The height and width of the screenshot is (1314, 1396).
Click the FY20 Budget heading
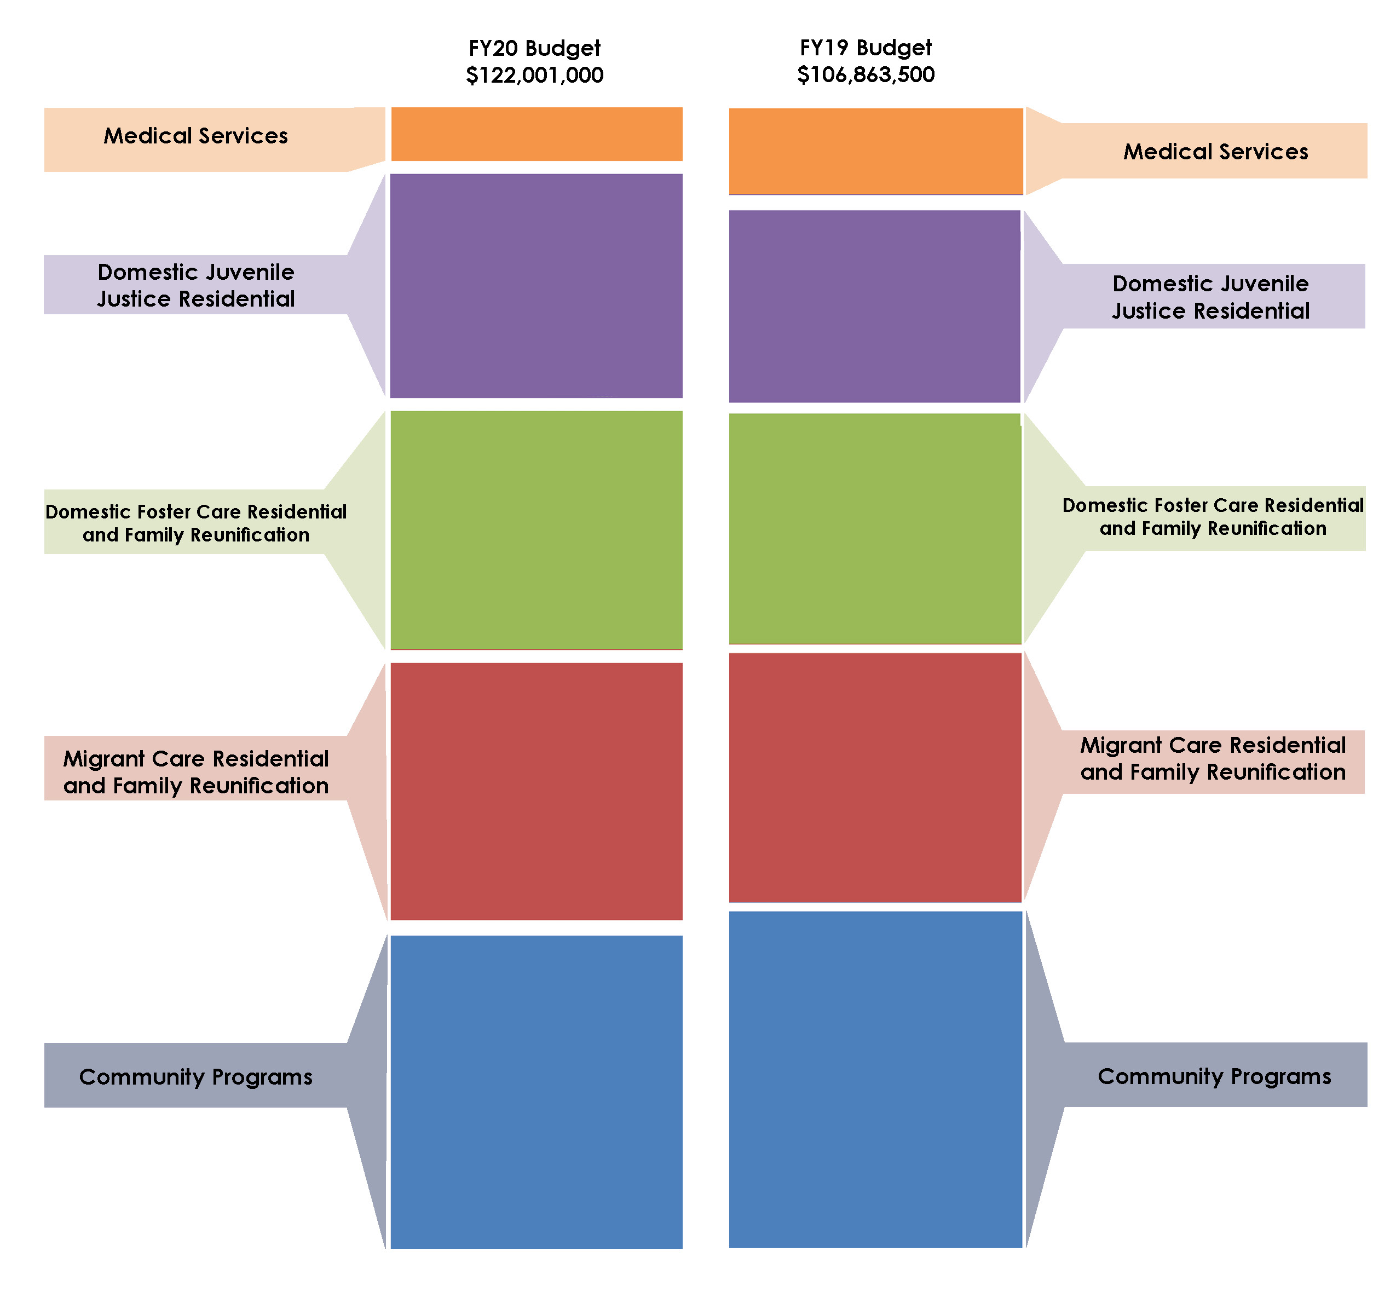point(534,49)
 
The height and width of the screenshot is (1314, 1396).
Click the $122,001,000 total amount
point(534,75)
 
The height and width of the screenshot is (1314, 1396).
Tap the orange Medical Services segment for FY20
point(537,134)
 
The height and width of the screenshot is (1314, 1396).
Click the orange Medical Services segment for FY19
point(876,151)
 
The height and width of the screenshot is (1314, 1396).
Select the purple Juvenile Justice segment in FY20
point(537,286)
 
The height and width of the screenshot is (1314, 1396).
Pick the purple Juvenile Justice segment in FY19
point(875,306)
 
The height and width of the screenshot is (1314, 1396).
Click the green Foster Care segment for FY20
point(537,529)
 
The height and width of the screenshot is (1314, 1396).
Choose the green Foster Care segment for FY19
point(875,528)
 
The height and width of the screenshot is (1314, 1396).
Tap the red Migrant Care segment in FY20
point(537,792)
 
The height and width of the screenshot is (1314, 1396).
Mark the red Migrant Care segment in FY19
point(875,777)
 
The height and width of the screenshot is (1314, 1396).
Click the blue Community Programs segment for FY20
point(537,1092)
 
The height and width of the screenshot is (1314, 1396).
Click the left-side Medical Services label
point(196,136)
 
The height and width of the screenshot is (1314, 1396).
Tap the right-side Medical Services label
point(1215,152)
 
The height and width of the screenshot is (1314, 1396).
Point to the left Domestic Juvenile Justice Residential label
point(196,285)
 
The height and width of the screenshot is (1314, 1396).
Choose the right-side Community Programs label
point(1214,1076)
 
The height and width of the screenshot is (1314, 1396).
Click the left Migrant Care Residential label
point(196,772)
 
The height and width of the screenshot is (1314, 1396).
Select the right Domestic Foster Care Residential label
point(1213,517)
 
